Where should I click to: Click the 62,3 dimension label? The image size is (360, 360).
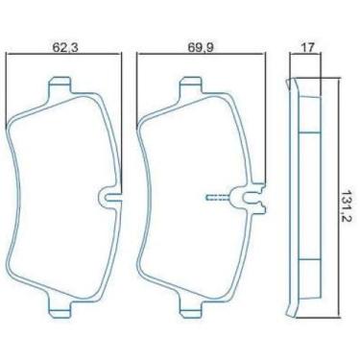pyautogui.click(x=65, y=47)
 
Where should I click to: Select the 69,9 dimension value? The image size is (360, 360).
pyautogui.click(x=201, y=47)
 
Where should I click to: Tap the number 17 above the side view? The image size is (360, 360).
pyautogui.click(x=307, y=47)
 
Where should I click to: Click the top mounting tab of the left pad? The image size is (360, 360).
pyautogui.click(x=60, y=84)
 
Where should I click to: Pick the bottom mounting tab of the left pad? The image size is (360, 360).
pyautogui.click(x=60, y=310)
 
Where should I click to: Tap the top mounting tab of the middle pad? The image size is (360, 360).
pyautogui.click(x=191, y=84)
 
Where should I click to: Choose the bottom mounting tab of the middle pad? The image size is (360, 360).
pyautogui.click(x=191, y=310)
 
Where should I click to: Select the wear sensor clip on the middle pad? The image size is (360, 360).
pyautogui.click(x=249, y=199)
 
